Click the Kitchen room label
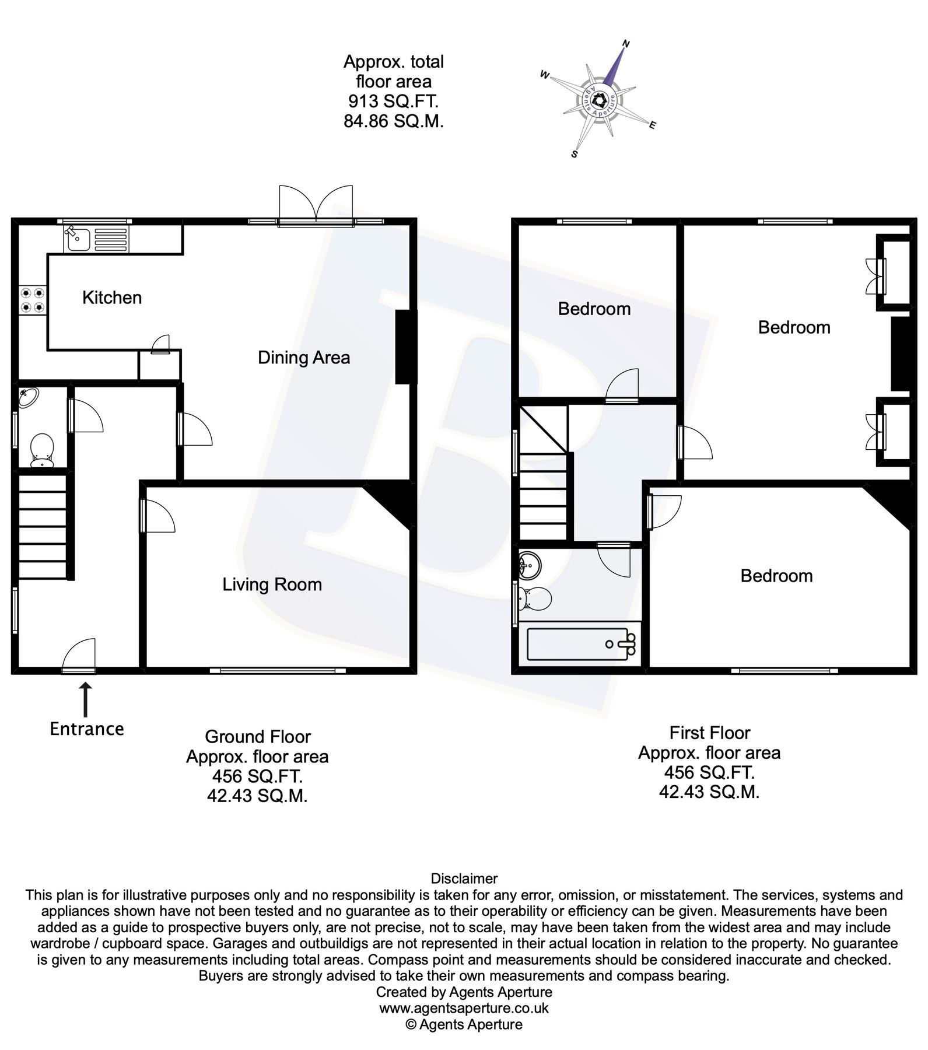112,297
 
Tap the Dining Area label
304,357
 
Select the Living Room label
272,584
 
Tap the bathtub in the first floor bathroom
580,644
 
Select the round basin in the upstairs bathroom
530,565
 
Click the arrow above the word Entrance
86,699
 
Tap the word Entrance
87,729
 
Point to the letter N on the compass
626,43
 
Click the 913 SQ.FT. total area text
393,101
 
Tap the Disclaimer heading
464,878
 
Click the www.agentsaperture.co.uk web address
464,1008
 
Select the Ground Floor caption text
257,737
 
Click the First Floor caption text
709,733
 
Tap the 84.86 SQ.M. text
393,122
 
